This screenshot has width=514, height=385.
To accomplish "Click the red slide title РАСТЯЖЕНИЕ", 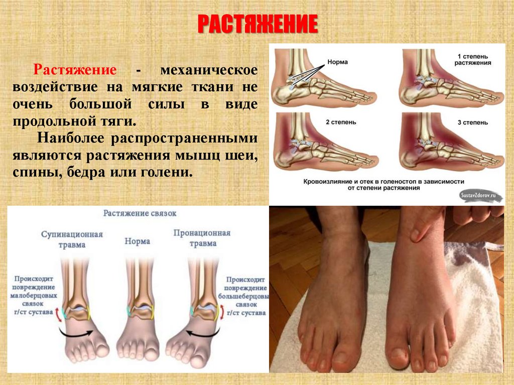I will [x=258, y=24].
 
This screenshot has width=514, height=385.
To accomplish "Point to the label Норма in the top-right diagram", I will [x=337, y=62].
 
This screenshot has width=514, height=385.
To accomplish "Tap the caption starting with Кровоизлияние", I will [x=387, y=184].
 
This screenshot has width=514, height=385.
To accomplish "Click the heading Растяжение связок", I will [x=140, y=213].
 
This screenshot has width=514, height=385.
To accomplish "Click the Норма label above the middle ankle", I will [x=138, y=241].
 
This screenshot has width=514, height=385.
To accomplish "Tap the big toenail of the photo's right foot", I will [x=399, y=354].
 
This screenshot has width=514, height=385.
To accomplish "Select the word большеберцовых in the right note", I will [x=246, y=296].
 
